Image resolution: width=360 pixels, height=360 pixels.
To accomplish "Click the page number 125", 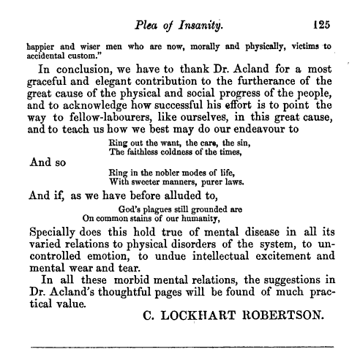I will point(320,23).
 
